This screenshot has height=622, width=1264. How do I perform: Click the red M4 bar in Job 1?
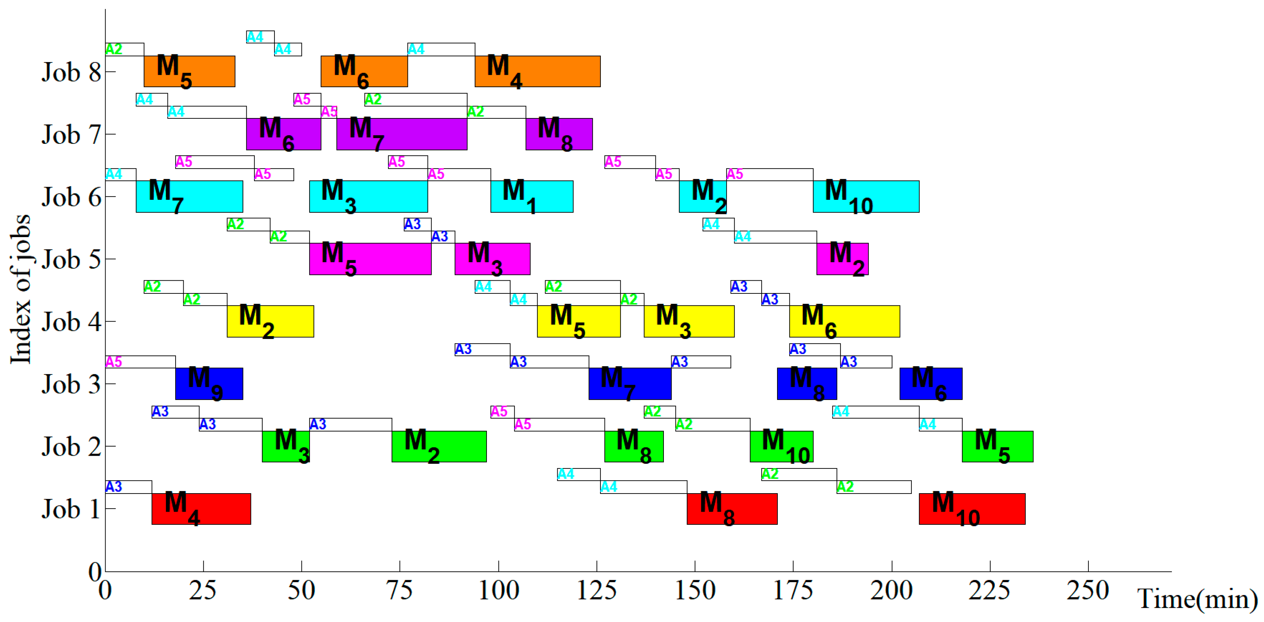pos(201,509)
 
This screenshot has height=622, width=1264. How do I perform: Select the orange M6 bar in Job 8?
pos(364,72)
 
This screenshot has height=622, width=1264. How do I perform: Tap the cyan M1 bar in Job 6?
pos(532,196)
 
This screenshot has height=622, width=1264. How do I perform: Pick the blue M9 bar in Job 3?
pos(209,383)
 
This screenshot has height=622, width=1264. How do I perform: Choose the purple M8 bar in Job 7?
pos(559,134)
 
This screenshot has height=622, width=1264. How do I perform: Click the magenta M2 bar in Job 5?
pos(842,259)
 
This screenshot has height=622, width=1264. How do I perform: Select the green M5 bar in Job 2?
pos(998,446)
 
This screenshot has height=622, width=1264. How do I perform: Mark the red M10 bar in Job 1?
pos(972,509)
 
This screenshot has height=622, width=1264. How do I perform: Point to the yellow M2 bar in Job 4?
pos(270,321)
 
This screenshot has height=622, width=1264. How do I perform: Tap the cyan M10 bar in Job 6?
pos(866,196)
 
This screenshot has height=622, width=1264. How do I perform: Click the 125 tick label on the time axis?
pos(597,590)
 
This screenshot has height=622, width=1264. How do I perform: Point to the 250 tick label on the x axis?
pos(1088,590)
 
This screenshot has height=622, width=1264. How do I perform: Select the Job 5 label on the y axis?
pos(71,259)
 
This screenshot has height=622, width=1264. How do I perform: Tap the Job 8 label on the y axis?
pos(71,72)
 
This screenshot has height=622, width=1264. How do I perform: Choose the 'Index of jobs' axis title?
pos(21,290)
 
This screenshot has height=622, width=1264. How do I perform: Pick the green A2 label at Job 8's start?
pos(114,49)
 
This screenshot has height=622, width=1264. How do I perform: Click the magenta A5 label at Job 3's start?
pos(114,362)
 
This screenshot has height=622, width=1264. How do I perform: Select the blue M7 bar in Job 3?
pos(630,383)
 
